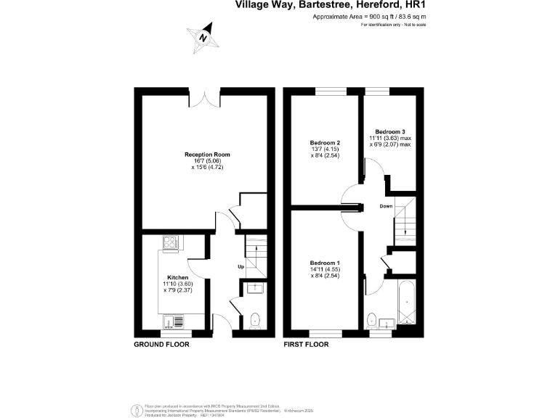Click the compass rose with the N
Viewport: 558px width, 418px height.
tap(203, 37)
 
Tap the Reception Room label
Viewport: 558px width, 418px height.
tap(203, 154)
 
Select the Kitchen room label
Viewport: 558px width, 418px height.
tap(178, 278)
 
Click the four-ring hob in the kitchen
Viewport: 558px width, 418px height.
tap(171, 243)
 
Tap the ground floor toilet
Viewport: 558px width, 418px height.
tap(254, 319)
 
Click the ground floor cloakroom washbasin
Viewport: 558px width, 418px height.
tap(254, 290)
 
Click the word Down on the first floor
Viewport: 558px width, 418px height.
tap(386, 207)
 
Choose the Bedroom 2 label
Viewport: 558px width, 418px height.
tap(325, 142)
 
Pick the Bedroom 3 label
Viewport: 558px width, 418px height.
tap(389, 131)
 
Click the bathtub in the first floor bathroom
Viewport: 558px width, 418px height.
tap(405, 305)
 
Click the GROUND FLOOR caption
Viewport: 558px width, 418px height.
tap(161, 345)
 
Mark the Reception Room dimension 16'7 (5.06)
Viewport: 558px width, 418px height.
tap(203, 161)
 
